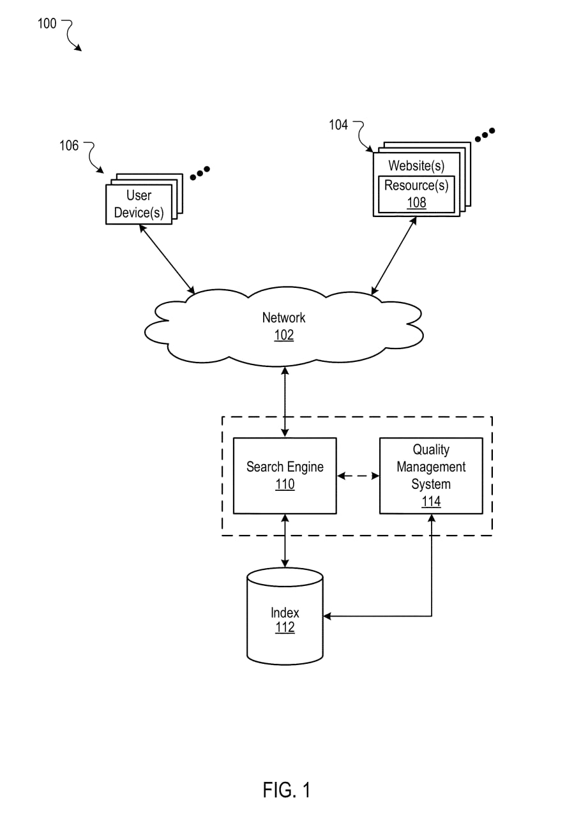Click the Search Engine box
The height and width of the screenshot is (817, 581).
click(x=285, y=476)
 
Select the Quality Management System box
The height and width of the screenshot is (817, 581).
click(x=431, y=476)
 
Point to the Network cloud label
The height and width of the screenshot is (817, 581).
click(x=284, y=318)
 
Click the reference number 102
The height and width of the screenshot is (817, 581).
click(x=284, y=335)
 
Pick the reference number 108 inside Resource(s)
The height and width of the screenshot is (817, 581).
click(x=416, y=203)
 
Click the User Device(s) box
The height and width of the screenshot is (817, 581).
click(x=139, y=204)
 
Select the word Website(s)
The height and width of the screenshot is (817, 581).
click(x=416, y=166)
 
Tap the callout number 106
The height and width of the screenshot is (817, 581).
click(x=69, y=146)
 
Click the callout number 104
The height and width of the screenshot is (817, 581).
click(x=338, y=125)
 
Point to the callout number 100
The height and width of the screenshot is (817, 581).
click(x=47, y=24)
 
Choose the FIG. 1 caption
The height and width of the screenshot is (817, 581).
click(x=287, y=790)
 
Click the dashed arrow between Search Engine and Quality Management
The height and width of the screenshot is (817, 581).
click(x=358, y=476)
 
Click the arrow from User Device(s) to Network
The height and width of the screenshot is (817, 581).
click(x=167, y=259)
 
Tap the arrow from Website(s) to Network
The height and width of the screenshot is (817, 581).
click(x=395, y=255)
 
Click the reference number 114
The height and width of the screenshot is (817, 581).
click(x=431, y=502)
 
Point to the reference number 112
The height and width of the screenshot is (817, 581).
click(x=285, y=628)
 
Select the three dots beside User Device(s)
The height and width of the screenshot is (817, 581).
click(x=200, y=172)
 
